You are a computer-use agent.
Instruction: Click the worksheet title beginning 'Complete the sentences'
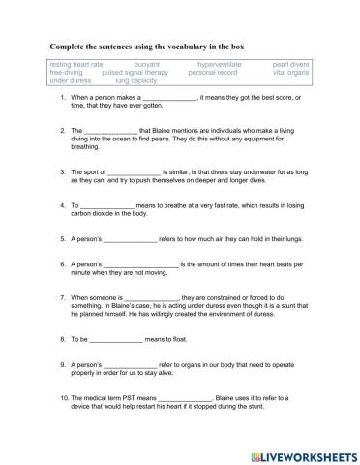pyautogui.click(x=144, y=46)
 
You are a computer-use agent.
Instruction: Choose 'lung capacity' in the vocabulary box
pyautogui.click(x=136, y=80)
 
